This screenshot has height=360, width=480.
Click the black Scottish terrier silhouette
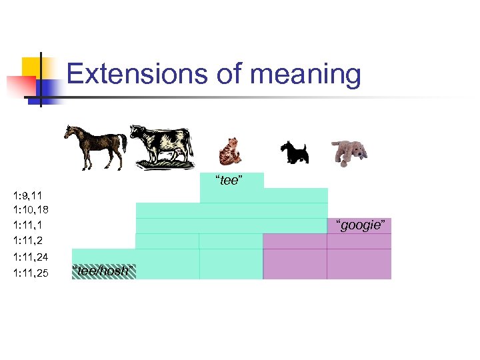293,151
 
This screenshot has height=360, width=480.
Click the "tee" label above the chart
229,181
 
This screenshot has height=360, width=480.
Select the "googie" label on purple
359,225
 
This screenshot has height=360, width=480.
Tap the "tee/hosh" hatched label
103,270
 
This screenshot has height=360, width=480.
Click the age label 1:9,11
28,195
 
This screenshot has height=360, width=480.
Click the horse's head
70,131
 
